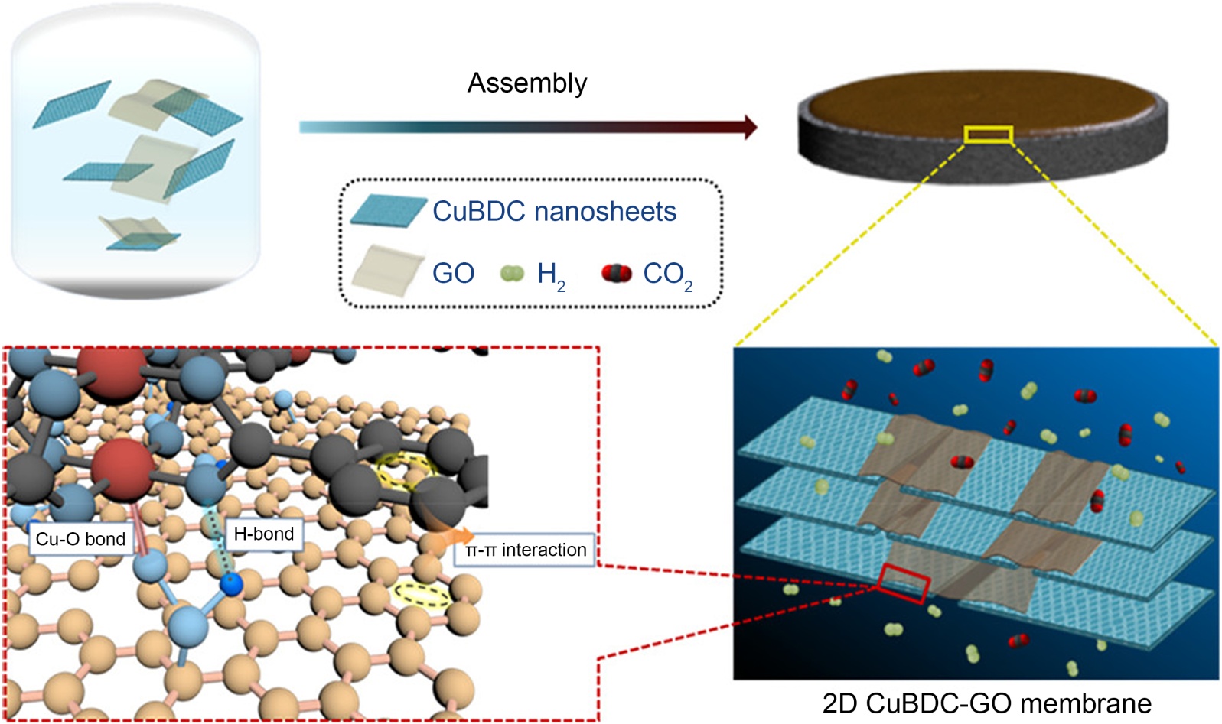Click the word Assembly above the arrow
(527, 83)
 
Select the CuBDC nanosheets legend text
(554, 212)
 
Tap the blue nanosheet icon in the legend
(388, 211)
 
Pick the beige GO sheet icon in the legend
(387, 271)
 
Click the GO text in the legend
(453, 273)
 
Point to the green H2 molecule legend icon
(512, 273)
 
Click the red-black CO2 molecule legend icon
(616, 273)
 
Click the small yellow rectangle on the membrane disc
(989, 135)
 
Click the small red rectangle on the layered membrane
(904, 583)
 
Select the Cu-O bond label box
(80, 539)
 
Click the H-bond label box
(264, 534)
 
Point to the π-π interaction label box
(525, 550)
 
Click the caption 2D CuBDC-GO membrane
(986, 703)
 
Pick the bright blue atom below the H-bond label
(231, 585)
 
